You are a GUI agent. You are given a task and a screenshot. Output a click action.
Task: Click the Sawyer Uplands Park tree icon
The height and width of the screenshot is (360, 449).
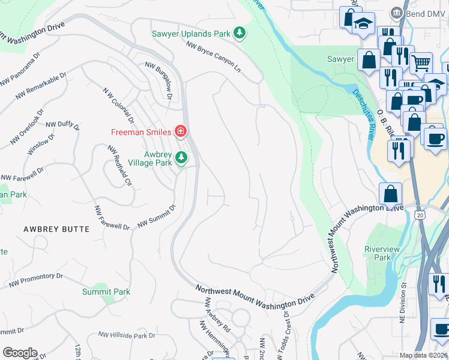[240, 33]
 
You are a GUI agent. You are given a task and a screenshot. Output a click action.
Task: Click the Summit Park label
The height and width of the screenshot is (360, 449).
[106, 292]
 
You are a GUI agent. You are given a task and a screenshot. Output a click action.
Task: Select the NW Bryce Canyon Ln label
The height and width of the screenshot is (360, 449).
[213, 58]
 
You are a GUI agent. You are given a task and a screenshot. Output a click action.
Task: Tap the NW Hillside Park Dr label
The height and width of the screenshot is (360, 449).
[127, 335]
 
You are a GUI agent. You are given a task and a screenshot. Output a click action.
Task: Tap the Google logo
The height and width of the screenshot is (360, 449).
[19, 353]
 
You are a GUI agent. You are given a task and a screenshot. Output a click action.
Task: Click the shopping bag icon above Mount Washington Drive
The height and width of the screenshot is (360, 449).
[390, 193]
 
